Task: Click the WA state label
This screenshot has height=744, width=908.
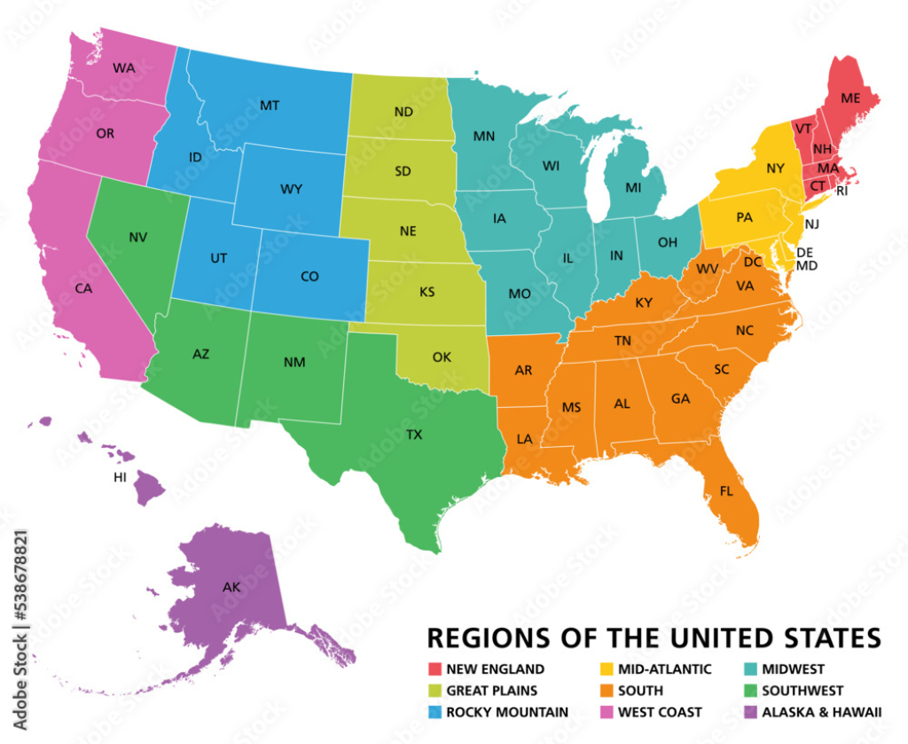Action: (123, 67)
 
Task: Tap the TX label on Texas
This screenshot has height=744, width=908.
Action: (414, 435)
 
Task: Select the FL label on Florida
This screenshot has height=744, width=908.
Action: (726, 490)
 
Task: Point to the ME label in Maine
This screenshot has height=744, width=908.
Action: (850, 98)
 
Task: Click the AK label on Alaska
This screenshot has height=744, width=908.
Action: (231, 586)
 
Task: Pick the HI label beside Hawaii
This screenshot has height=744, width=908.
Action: (121, 477)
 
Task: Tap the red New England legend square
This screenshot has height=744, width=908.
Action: (434, 670)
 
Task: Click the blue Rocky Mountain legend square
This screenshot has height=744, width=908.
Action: (434, 711)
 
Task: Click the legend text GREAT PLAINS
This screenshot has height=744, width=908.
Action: (492, 691)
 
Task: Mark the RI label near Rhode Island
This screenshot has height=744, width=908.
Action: (842, 190)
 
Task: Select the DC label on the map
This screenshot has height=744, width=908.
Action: (754, 262)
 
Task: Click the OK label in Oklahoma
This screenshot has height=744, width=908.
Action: (442, 357)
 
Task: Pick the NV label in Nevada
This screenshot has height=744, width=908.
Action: (137, 237)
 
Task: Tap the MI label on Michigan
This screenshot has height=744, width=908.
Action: (633, 188)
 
